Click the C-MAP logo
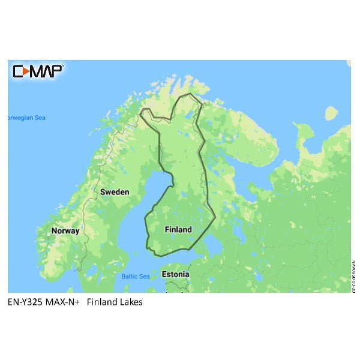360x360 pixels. pyautogui.click(x=37, y=71)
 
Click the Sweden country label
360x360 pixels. pyautogui.click(x=114, y=192)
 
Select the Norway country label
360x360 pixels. pyautogui.click(x=65, y=230)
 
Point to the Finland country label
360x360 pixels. pyautogui.click(x=178, y=229)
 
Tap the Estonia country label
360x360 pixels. pyautogui.click(x=175, y=274)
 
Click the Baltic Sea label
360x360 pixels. pyautogui.click(x=136, y=277)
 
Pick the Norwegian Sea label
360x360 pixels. pyautogui.click(x=26, y=118)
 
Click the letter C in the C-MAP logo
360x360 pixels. pyautogui.click(x=17, y=71)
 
